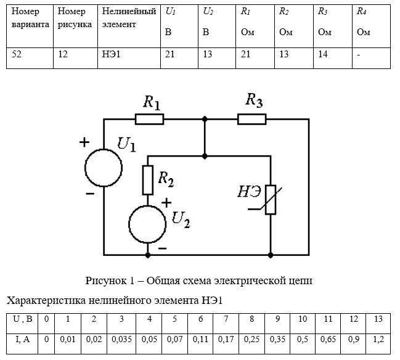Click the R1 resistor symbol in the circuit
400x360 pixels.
click(149, 119)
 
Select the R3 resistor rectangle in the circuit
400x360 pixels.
click(252, 119)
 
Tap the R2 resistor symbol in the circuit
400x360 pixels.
click(148, 180)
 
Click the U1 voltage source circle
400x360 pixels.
click(104, 168)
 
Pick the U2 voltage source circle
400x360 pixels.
click(147, 224)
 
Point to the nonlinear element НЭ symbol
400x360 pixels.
click(271, 200)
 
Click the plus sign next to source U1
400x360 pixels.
click(84, 142)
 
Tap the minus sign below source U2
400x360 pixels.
click(163, 248)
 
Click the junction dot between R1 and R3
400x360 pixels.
click(205, 119)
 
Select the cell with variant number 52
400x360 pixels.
click(17, 54)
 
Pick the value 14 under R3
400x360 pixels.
click(323, 54)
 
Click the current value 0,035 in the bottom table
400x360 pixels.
click(121, 339)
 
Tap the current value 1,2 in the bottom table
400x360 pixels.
click(378, 339)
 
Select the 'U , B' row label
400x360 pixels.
click(22, 319)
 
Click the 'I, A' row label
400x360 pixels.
click(23, 339)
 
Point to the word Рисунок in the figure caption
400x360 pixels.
click(106, 280)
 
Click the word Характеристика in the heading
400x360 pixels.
click(46, 301)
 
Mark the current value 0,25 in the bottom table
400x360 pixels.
click(252, 339)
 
